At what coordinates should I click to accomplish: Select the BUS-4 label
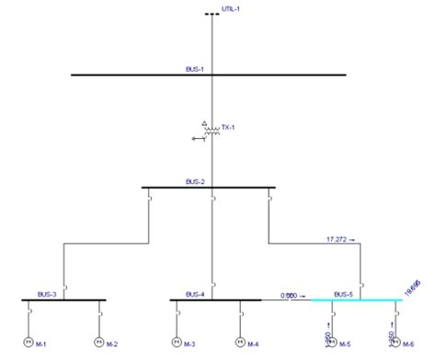coord(194,294)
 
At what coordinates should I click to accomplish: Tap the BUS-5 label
coord(343,294)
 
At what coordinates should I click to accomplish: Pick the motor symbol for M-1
coord(28,343)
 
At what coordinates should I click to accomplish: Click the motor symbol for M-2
coord(99,343)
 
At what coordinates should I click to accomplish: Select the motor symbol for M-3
coord(175,343)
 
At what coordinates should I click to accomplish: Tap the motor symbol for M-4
coord(240,343)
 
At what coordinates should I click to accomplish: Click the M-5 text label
coord(346,345)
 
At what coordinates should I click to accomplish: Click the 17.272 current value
coord(338,239)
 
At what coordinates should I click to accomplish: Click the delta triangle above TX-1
coord(204,122)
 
